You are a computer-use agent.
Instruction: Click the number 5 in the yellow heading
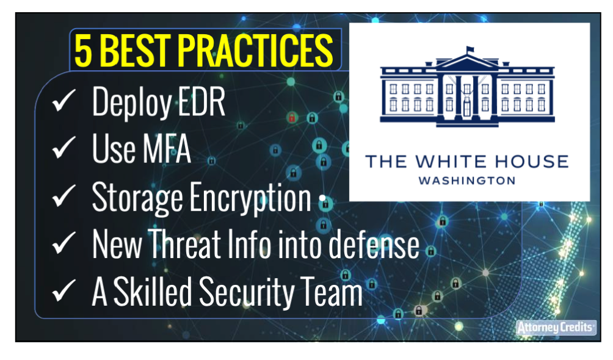point(84,51)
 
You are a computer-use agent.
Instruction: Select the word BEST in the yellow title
point(136,51)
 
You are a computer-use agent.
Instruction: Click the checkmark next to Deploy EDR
point(63,100)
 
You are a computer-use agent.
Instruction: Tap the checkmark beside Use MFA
point(63,148)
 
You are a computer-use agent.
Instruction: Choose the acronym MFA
point(167,149)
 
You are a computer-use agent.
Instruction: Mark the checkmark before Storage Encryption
point(63,195)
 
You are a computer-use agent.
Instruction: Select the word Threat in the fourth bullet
point(184,244)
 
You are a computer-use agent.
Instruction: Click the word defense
point(374,244)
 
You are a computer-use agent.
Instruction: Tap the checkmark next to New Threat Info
point(63,243)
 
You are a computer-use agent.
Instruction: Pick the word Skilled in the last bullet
point(153,292)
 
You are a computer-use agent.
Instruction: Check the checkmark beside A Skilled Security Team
point(63,290)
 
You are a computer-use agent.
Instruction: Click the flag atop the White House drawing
point(470,49)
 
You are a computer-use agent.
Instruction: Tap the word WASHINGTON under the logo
point(467,181)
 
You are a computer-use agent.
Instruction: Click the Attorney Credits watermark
point(556,328)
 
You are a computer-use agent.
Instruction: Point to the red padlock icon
point(292,117)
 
